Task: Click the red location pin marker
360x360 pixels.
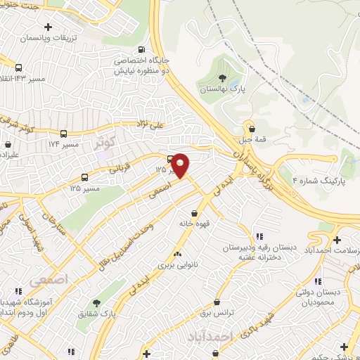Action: click(x=181, y=165)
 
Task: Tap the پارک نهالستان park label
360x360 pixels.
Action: click(x=222, y=90)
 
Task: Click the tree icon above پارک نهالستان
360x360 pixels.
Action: click(x=222, y=78)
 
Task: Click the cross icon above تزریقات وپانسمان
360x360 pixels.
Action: click(x=47, y=27)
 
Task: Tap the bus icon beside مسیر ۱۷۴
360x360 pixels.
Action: click(x=64, y=134)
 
